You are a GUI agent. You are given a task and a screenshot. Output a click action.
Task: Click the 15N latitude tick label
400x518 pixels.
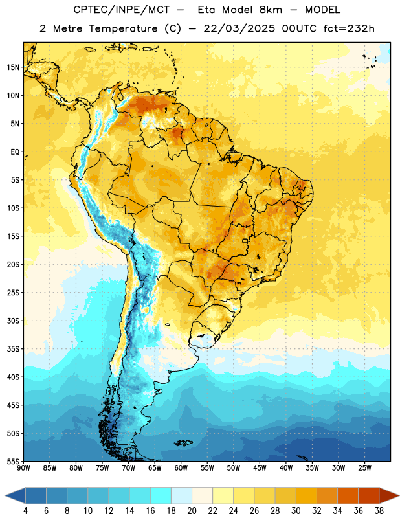point(13,67)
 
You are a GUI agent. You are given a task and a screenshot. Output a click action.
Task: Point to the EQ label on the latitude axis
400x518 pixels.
point(15,152)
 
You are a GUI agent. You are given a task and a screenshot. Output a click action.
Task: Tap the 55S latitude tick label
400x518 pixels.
point(13,461)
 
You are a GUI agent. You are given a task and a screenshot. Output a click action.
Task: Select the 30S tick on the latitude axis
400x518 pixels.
point(13,321)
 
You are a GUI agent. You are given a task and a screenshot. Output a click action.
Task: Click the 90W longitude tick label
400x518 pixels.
point(23,468)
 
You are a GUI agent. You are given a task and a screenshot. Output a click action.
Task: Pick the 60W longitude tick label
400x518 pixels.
point(181,468)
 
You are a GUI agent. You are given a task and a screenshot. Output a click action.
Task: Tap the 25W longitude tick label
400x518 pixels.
point(364,468)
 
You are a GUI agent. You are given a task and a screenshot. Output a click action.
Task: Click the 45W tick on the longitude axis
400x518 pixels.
point(260,468)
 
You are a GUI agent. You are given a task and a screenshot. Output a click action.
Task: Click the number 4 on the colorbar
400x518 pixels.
point(25,511)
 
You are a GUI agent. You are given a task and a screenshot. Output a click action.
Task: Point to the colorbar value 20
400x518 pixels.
point(192,511)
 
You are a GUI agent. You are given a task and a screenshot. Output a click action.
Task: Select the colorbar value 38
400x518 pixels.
point(379,511)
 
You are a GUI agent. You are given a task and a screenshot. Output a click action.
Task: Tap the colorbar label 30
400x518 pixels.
point(296,511)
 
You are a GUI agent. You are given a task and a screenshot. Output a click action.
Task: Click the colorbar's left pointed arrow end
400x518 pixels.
point(6,496)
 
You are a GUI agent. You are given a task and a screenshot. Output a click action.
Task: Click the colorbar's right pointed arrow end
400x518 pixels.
point(399,496)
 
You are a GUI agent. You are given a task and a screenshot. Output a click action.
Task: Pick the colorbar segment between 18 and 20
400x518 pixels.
point(181,496)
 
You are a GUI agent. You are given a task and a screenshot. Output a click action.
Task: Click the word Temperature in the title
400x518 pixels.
point(123,28)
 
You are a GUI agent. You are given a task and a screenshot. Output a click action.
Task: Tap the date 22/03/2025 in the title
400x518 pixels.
point(239,28)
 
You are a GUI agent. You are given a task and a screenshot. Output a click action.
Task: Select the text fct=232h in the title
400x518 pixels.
point(348,28)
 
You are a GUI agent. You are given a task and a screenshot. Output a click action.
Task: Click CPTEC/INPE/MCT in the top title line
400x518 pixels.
point(121,10)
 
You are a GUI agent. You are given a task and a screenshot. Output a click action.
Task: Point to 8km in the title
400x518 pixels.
point(271,10)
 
